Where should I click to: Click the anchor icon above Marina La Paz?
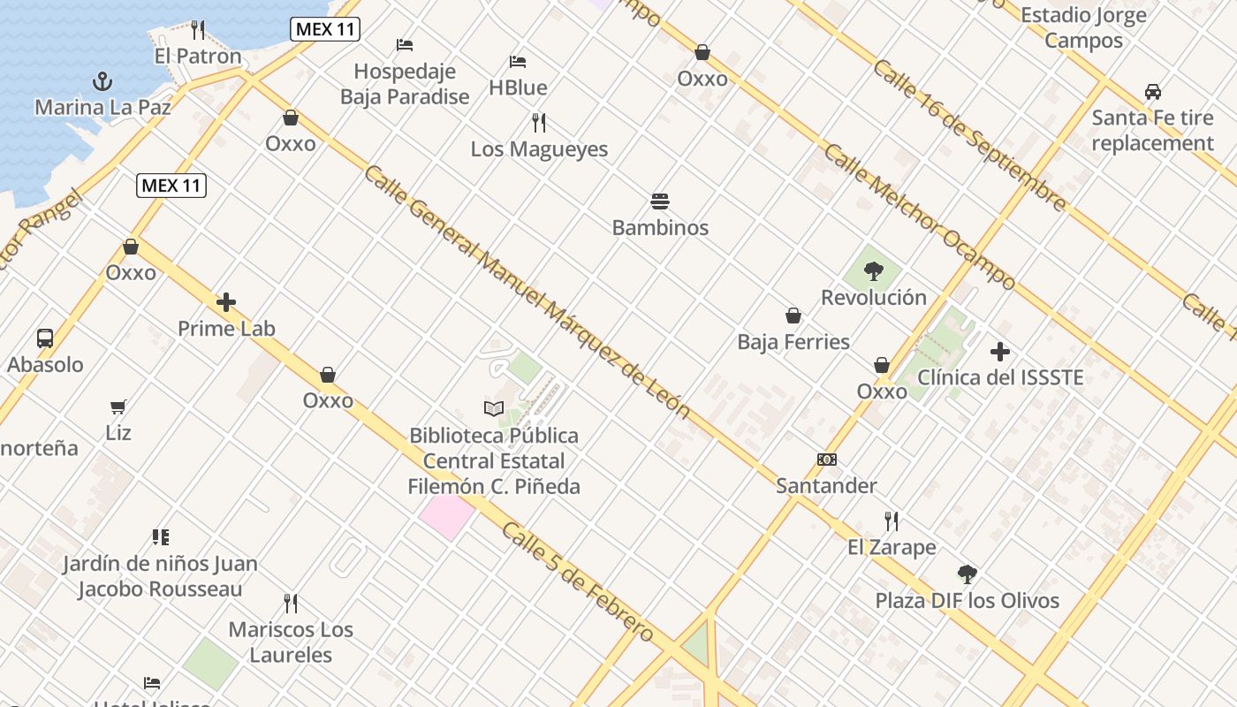click(102, 82)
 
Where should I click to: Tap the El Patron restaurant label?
click(197, 57)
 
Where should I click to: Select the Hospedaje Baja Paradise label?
click(405, 84)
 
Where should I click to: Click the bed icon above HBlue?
click(518, 62)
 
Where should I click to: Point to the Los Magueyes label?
click(539, 149)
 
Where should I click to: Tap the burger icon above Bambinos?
click(660, 201)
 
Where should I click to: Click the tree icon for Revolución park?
click(874, 271)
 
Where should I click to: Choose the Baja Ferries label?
click(793, 342)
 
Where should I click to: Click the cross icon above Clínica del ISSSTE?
click(999, 352)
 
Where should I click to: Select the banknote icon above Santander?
click(826, 460)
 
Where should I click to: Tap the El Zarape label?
click(892, 547)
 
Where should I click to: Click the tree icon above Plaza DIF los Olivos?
click(968, 574)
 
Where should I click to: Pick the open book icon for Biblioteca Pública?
click(493, 408)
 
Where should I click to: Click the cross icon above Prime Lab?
click(226, 302)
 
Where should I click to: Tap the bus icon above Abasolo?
click(45, 338)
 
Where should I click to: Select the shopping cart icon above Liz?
click(118, 407)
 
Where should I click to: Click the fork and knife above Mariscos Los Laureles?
click(290, 604)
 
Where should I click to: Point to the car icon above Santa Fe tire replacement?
click(1152, 92)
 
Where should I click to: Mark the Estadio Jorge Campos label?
click(1083, 27)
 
